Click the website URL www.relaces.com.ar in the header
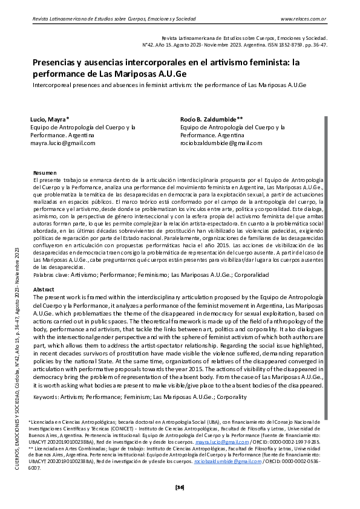coord(304,19)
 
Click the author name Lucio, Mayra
coord(50,120)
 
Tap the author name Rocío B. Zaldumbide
coord(211,120)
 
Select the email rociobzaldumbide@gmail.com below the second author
coord(221,143)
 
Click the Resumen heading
coord(45,172)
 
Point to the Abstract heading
coord(44,290)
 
